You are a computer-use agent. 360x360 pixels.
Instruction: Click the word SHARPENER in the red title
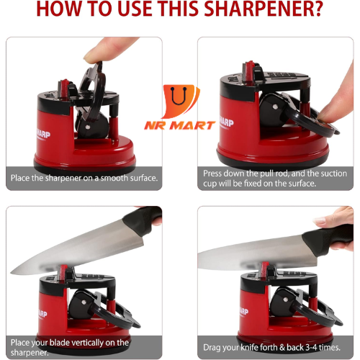[264, 9]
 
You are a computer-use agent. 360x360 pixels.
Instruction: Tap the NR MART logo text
[180, 125]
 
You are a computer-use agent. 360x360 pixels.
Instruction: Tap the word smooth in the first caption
[114, 178]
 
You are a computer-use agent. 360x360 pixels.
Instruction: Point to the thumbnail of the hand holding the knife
[320, 220]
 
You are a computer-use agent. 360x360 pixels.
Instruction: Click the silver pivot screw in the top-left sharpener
[88, 127]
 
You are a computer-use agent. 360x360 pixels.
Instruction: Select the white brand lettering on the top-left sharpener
[43, 135]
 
